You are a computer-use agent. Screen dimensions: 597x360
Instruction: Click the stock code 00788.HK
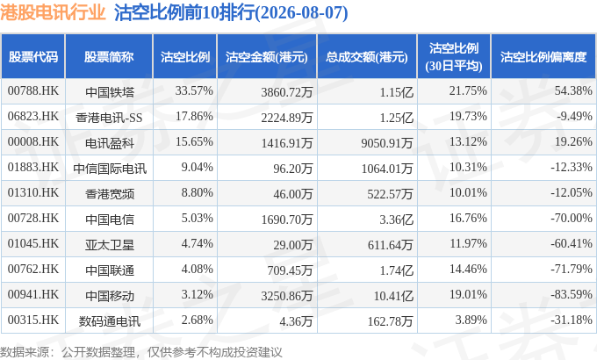pyautogui.click(x=33, y=91)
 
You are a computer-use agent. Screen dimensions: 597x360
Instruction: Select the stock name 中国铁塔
pyautogui.click(x=110, y=92)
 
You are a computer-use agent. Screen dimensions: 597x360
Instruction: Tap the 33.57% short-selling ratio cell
pyautogui.click(x=194, y=91)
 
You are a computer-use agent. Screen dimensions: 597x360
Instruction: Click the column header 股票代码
pyautogui.click(x=33, y=57)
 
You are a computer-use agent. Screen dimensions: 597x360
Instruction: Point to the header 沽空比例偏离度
pyautogui.click(x=543, y=57)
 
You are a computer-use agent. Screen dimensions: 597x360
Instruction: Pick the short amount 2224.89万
pyautogui.click(x=287, y=118)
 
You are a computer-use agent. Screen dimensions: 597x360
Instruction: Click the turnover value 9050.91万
pyautogui.click(x=387, y=143)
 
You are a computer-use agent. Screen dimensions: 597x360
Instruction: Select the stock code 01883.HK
pyautogui.click(x=33, y=167)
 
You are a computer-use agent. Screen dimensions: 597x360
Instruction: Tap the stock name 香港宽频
pyautogui.click(x=110, y=194)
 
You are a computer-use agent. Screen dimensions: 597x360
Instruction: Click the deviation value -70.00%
pyautogui.click(x=572, y=219)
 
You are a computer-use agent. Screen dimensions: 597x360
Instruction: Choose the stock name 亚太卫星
pyautogui.click(x=110, y=245)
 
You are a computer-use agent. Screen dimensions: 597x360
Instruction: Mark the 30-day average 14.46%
pyautogui.click(x=468, y=270)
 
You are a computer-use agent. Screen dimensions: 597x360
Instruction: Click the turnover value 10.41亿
pyautogui.click(x=393, y=296)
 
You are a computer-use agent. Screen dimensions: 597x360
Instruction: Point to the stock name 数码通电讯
pyautogui.click(x=110, y=321)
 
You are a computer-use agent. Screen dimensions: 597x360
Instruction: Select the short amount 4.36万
pyautogui.click(x=296, y=321)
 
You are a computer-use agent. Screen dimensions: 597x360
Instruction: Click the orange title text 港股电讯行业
pyautogui.click(x=53, y=12)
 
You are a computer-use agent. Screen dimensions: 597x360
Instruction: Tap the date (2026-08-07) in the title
pyautogui.click(x=300, y=13)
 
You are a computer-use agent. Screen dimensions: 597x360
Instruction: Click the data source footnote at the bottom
pyautogui.click(x=140, y=352)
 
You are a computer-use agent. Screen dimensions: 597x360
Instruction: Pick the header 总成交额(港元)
pyautogui.click(x=367, y=57)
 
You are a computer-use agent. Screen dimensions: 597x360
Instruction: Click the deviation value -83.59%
pyautogui.click(x=572, y=294)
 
